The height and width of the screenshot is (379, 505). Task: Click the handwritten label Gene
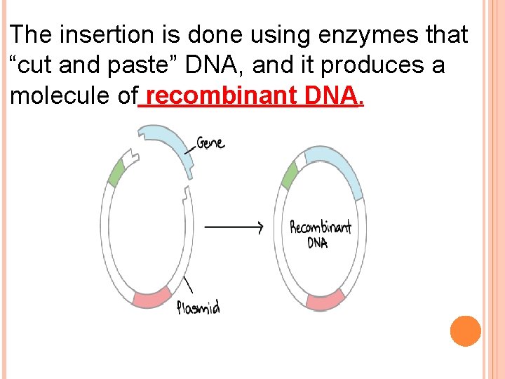point(210,142)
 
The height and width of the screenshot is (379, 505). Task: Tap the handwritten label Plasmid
point(198,307)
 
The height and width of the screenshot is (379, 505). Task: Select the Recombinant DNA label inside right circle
point(321,234)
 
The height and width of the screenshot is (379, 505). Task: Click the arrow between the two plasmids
point(234,227)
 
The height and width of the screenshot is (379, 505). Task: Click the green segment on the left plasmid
point(116,172)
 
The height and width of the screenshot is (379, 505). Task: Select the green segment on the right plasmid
point(289,175)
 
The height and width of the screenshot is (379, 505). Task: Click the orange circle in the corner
point(465,331)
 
